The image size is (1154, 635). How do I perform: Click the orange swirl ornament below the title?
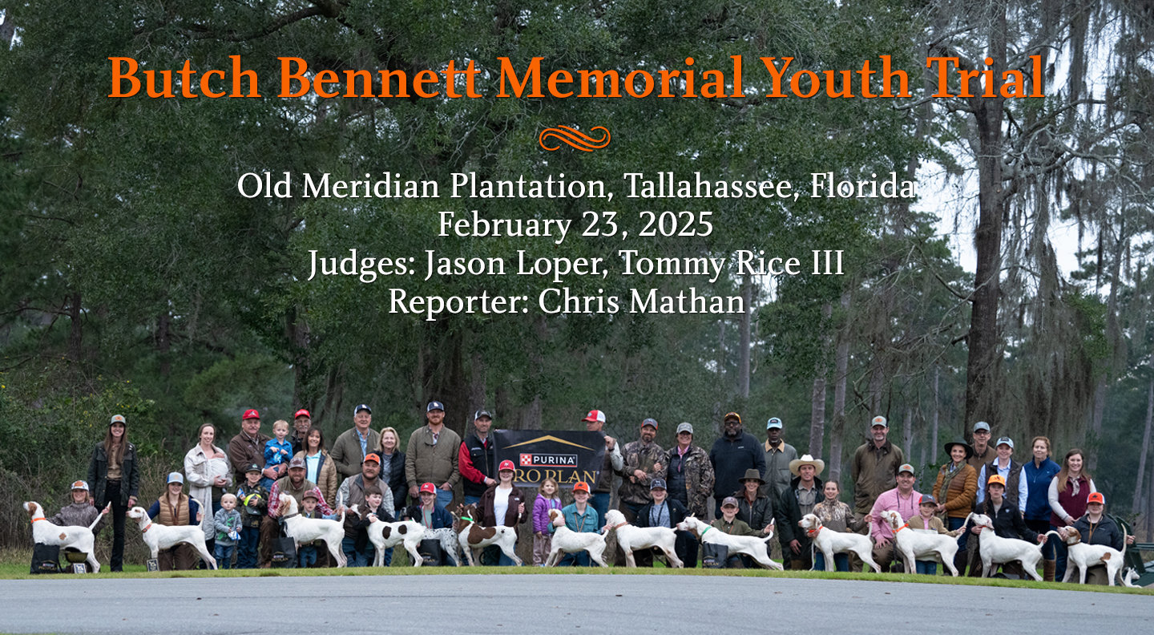click(574, 138)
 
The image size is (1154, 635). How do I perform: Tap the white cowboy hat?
click(806, 464)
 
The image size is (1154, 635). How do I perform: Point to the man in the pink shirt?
click(898, 505)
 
